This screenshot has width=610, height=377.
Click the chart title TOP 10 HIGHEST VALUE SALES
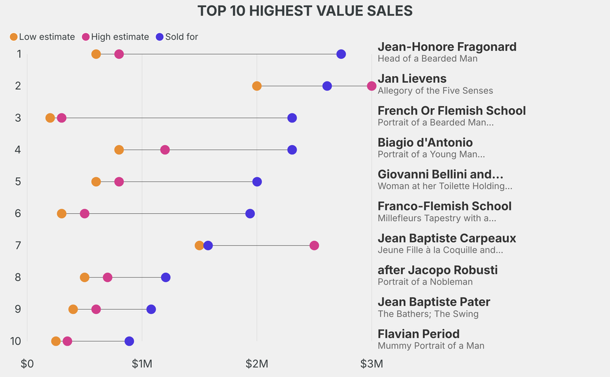[x=304, y=11]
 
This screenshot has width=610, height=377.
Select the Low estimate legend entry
[x=42, y=37]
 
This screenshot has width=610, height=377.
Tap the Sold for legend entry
[x=176, y=37]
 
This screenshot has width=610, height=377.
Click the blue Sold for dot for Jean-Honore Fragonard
[x=341, y=54]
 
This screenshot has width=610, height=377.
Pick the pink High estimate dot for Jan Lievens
[x=372, y=86]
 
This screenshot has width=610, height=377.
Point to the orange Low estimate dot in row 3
[x=50, y=118]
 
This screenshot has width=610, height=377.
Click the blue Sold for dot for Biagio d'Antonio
[x=292, y=150]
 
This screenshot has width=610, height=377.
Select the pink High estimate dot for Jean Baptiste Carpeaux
[x=314, y=246]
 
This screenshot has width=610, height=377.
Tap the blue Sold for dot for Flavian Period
[x=129, y=341]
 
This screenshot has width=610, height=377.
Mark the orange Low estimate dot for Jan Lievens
[x=257, y=86]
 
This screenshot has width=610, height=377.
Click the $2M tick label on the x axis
[x=257, y=363]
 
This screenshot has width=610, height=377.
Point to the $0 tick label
[x=27, y=363]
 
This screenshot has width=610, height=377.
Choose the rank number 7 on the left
[x=18, y=246]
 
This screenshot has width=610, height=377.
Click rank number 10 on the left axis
[x=16, y=341]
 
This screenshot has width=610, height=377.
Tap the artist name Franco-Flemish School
[x=444, y=206]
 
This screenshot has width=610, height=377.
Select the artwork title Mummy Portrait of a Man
[x=431, y=345]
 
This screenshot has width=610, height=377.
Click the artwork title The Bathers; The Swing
[x=428, y=314]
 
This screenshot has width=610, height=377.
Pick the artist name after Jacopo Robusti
[x=437, y=270]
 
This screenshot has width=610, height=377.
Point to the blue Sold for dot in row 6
[x=250, y=213]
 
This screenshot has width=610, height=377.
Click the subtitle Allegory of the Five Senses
[x=435, y=90]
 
